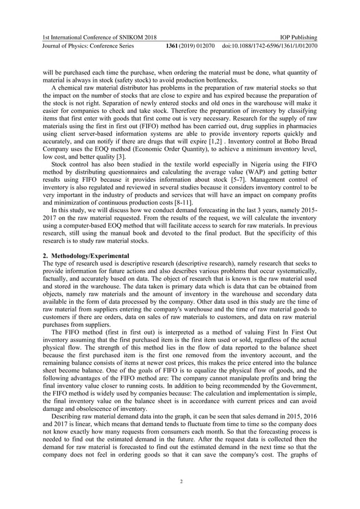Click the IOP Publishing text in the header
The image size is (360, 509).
pyautogui.click(x=297, y=37)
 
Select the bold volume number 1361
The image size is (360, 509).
pyautogui.click(x=173, y=46)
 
